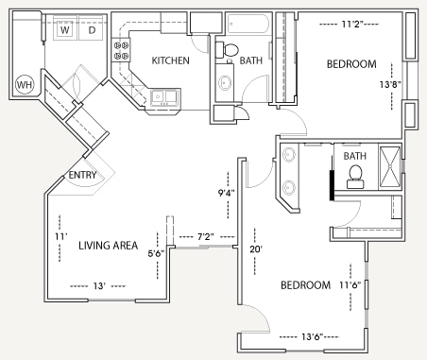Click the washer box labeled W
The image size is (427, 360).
[x=65, y=30]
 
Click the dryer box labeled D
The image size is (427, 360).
[x=92, y=30]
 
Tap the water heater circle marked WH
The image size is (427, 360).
[x=26, y=85]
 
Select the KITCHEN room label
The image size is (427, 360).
[x=170, y=60]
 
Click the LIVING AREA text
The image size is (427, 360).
[x=109, y=246]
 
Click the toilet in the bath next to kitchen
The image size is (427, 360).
[x=230, y=49]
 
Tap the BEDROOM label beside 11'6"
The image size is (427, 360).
[x=305, y=285]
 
